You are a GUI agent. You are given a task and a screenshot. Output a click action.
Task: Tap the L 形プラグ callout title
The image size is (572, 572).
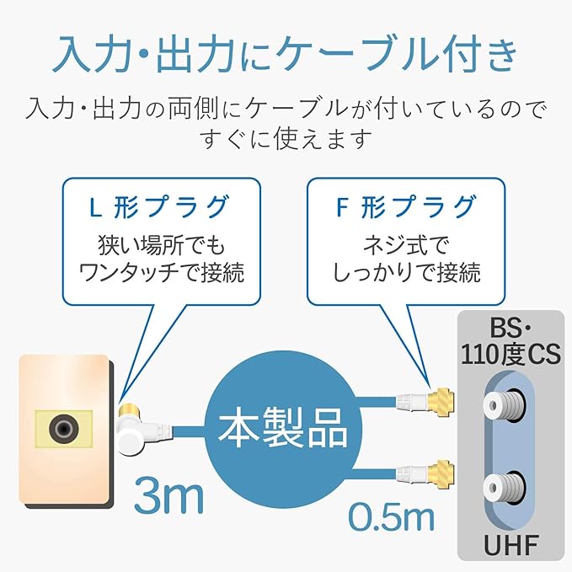pyautogui.click(x=158, y=206)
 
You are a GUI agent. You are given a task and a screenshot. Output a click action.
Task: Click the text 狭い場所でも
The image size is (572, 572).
pyautogui.click(x=159, y=245)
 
